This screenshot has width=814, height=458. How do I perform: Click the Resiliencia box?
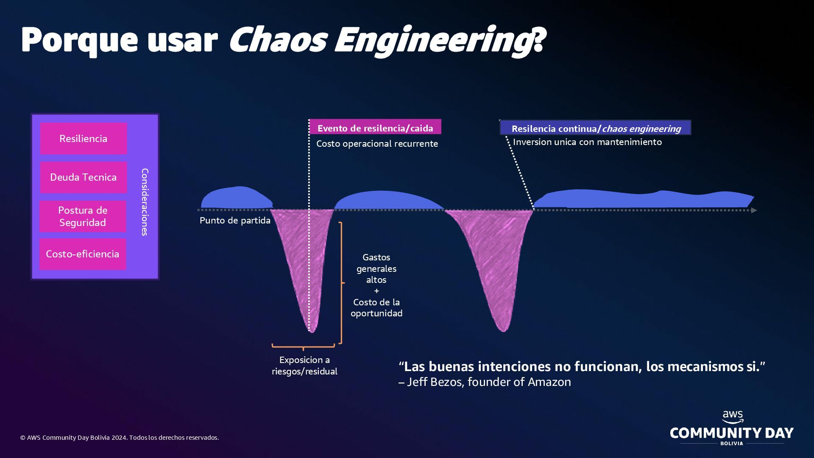tap(84, 139)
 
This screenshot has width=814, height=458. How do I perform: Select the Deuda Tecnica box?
tap(84, 177)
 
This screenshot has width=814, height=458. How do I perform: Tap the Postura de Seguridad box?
tap(83, 216)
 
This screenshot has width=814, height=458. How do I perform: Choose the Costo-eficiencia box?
tap(83, 254)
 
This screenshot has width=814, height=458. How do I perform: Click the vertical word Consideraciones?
tap(145, 202)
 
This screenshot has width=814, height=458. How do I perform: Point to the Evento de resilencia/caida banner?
tap(375, 128)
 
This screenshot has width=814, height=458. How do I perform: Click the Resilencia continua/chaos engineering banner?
tap(596, 128)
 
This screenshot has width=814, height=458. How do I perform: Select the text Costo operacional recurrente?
tap(377, 144)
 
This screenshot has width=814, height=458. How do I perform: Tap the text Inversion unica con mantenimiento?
tap(587, 142)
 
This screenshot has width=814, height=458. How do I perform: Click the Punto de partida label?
tap(235, 221)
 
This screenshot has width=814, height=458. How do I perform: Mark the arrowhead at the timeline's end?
tap(754, 210)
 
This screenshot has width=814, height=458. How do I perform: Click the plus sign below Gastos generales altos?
tap(376, 291)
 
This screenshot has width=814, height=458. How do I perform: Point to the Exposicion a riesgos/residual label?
tap(304, 366)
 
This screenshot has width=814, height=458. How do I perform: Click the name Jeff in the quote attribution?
tap(417, 382)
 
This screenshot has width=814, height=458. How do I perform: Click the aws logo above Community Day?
tap(733, 416)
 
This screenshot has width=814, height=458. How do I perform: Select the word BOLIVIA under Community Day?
tap(732, 444)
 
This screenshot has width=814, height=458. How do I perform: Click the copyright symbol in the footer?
tap(23, 438)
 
